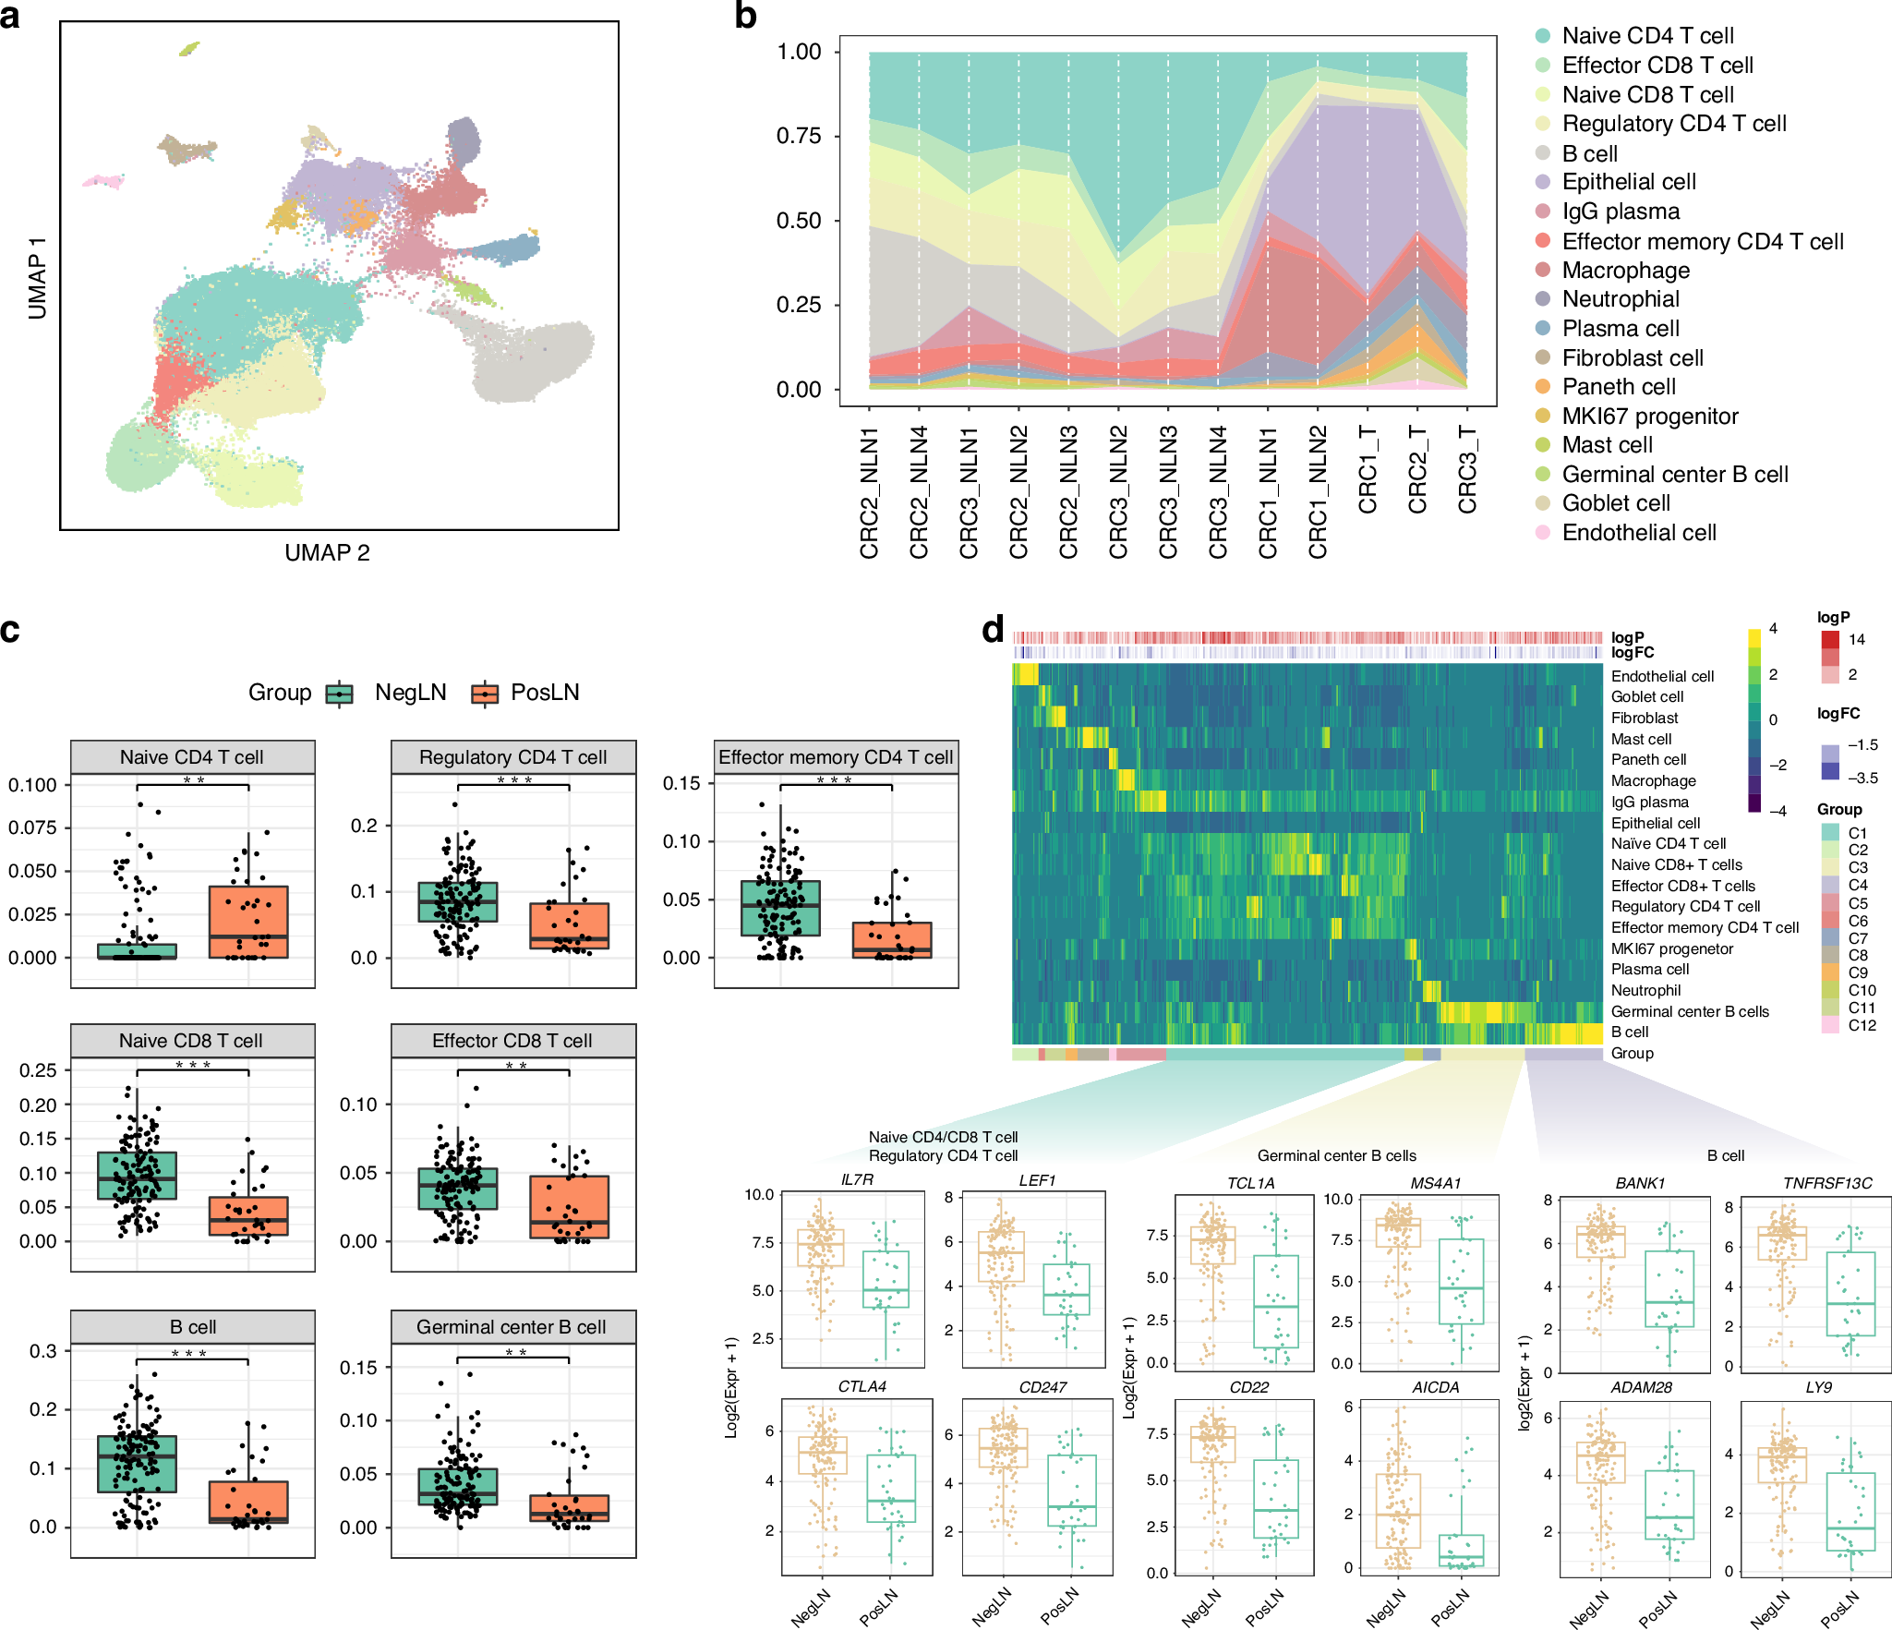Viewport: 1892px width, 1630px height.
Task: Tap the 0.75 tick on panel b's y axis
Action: tap(799, 136)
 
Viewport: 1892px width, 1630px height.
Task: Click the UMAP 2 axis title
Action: tap(327, 553)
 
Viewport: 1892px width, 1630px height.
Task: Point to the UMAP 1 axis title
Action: tap(37, 277)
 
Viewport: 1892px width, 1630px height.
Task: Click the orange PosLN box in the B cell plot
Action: tap(248, 1502)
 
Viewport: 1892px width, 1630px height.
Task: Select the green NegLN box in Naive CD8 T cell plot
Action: tap(137, 1176)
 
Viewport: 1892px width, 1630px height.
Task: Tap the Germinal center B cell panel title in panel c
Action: tap(512, 1327)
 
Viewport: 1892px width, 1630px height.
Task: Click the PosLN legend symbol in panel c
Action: tap(485, 693)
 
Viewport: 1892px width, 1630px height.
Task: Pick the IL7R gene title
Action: tap(857, 1180)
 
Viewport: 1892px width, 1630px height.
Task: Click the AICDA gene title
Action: tap(1435, 1387)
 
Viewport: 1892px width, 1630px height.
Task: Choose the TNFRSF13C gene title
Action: tap(1827, 1183)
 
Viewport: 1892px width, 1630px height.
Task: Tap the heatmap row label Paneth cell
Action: tap(1648, 759)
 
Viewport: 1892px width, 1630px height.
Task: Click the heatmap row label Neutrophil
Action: tap(1645, 990)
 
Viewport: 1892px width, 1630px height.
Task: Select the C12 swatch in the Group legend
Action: tap(1830, 1025)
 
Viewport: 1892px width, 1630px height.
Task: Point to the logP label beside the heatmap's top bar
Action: tap(1627, 637)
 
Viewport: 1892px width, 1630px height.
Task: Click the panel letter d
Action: tap(993, 630)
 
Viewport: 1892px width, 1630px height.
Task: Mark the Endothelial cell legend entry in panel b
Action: tap(1638, 533)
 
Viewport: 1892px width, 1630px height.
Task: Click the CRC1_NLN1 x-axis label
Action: tap(1268, 492)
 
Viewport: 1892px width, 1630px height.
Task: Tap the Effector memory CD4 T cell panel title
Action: tap(836, 757)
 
